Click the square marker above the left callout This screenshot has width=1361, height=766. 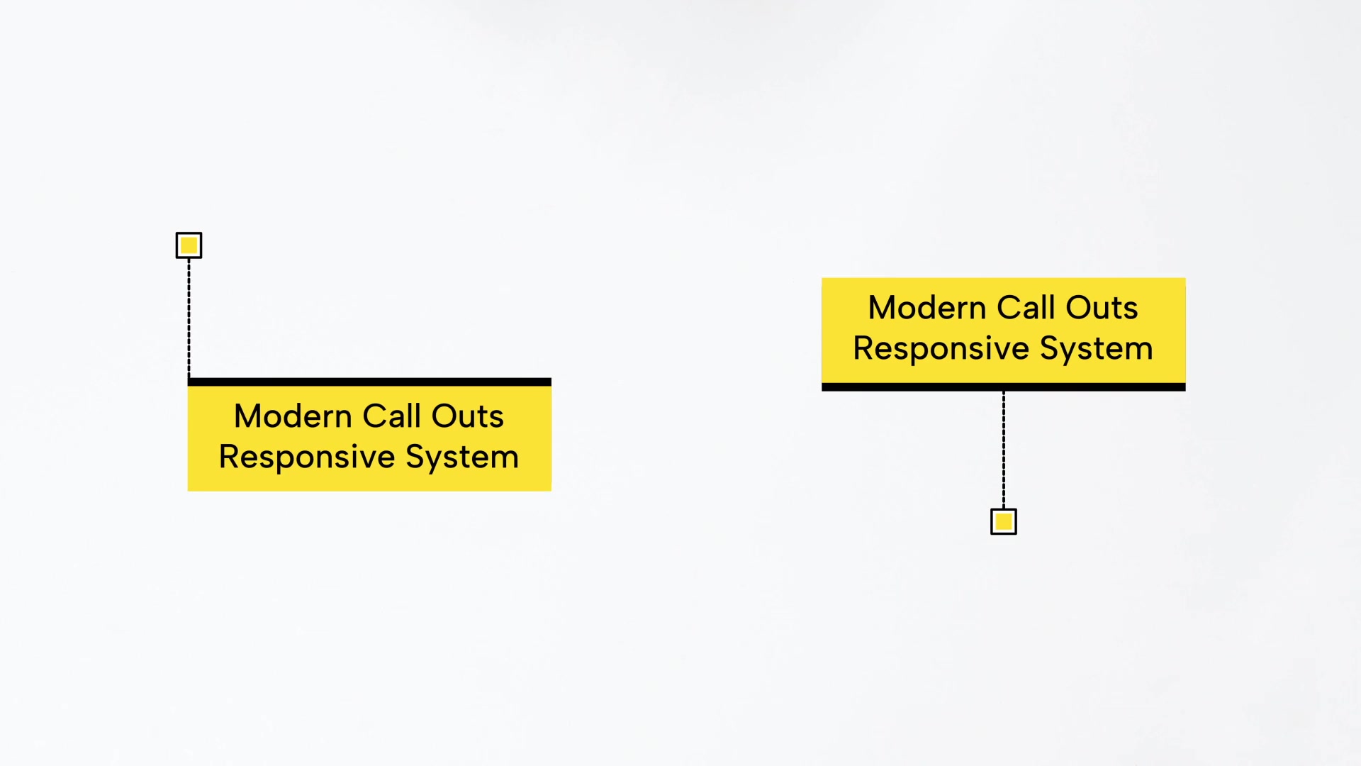[189, 245]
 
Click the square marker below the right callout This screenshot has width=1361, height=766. [1003, 521]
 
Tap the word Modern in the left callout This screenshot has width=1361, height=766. [293, 416]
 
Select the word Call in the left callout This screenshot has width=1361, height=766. [392, 416]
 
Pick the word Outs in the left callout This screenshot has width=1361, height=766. [467, 416]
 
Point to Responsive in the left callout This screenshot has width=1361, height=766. [306, 457]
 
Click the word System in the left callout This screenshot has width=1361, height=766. [461, 457]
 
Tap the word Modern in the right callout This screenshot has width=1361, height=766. [927, 308]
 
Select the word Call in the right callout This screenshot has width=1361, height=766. [1026, 307]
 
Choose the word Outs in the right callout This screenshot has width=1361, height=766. [1102, 308]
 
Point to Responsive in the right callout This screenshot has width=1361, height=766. [941, 349]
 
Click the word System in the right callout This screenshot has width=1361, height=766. [1096, 349]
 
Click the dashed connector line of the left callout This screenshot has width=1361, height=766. [189, 318]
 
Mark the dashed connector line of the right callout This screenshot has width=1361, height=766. [1003, 450]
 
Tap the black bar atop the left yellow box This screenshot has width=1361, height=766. [369, 382]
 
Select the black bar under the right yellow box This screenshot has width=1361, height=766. [1003, 387]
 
